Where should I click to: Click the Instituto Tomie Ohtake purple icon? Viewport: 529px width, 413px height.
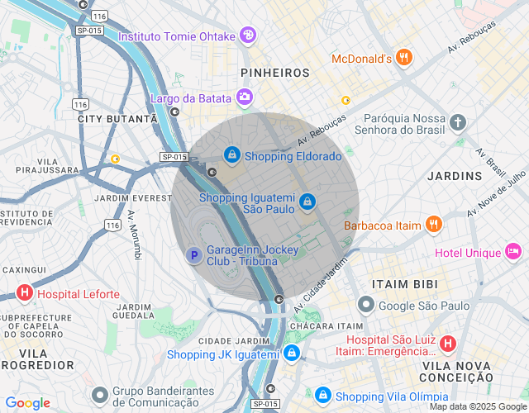[247, 36]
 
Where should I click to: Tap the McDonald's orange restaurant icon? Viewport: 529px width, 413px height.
[403, 58]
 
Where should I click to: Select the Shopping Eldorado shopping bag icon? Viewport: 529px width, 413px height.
[233, 154]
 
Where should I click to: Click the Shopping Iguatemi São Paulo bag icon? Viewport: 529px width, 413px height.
[307, 202]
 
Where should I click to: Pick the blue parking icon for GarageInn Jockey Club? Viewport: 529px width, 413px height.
[193, 256]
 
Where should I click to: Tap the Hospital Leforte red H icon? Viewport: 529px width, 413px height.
[25, 293]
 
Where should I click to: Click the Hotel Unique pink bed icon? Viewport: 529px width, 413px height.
[512, 251]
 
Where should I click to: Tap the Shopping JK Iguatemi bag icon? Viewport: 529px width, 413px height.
[291, 354]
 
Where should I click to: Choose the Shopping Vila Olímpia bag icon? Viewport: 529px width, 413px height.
[322, 395]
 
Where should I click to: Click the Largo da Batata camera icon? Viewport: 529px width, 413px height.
[245, 98]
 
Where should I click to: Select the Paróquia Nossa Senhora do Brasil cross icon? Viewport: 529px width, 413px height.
[458, 123]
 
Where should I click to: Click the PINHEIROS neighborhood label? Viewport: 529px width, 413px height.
[274, 74]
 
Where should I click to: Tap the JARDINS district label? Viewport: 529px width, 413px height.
[455, 176]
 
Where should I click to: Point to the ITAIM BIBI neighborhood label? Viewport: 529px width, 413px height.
[402, 283]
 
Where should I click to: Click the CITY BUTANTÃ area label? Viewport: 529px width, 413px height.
[117, 119]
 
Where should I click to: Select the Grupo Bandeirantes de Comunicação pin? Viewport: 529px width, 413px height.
[100, 395]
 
